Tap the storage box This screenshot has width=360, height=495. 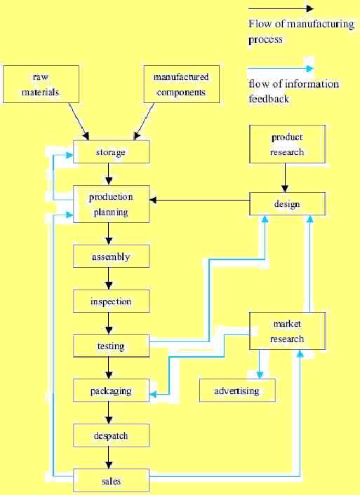(111, 152)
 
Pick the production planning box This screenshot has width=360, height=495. (111, 204)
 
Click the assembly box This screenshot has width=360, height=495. (111, 257)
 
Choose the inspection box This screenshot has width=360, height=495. (111, 301)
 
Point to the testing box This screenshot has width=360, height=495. (111, 346)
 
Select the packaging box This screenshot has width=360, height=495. (111, 391)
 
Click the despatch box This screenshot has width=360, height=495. (111, 436)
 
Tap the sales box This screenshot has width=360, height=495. (111, 481)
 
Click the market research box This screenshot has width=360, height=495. (288, 332)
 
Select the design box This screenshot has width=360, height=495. (288, 204)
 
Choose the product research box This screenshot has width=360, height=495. (287, 144)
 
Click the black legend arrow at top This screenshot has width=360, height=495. (281, 9)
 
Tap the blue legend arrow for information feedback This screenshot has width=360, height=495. (281, 69)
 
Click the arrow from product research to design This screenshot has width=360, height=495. (284, 178)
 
